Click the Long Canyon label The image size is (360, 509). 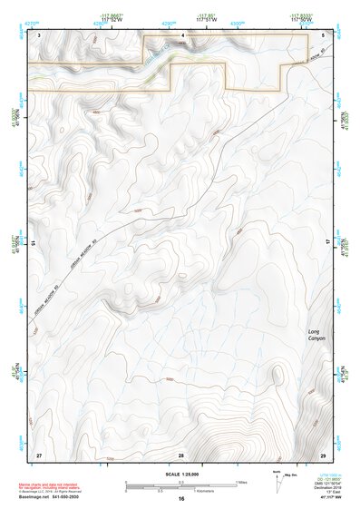315,335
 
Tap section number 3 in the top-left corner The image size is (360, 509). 39,34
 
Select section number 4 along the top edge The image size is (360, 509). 183,35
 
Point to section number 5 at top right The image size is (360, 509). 324,34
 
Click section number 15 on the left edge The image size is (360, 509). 34,243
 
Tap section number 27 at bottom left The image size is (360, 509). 38,454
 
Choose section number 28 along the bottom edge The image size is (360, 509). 181,454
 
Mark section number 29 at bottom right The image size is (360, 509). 324,454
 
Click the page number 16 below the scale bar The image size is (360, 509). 181,499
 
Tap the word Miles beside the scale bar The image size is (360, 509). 241,482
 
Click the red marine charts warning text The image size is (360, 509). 50,486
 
